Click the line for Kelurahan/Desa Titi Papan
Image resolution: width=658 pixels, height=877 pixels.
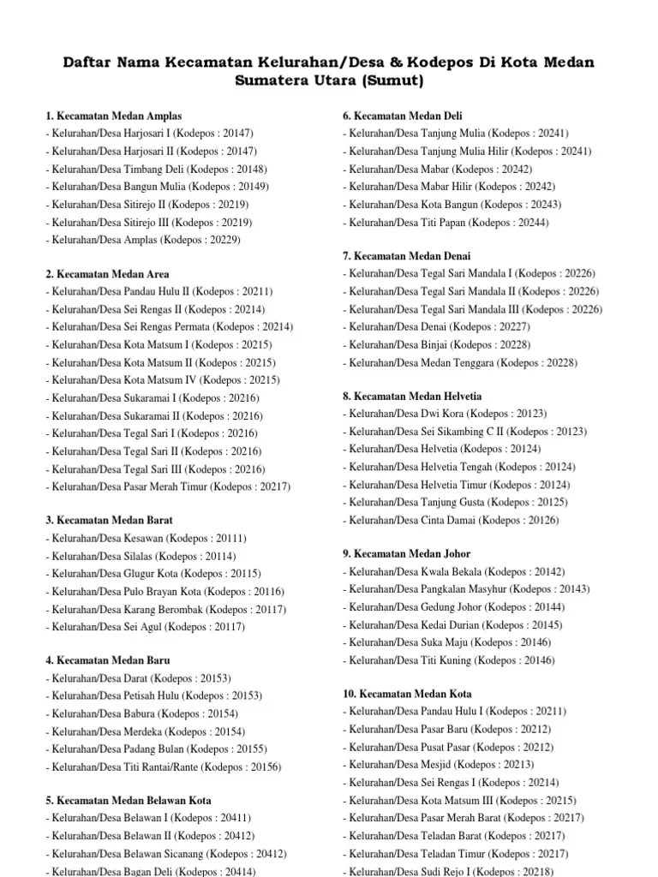pos(446,223)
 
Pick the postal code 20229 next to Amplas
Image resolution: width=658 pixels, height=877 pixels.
pos(222,241)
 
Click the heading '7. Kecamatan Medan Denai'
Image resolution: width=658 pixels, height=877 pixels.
pos(407,256)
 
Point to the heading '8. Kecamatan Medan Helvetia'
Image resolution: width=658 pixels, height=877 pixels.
pos(412,397)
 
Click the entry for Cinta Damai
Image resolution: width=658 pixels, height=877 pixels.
pos(450,521)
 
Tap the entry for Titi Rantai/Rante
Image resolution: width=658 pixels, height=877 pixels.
pos(176,767)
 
